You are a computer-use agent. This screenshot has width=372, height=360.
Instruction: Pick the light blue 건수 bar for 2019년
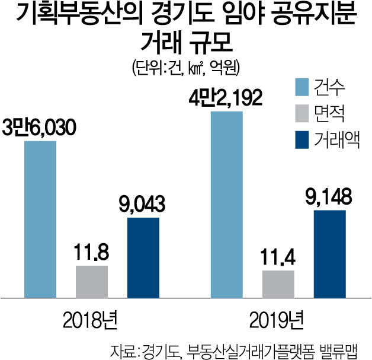tap(227, 203)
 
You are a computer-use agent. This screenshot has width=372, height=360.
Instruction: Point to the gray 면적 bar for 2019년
tap(278, 283)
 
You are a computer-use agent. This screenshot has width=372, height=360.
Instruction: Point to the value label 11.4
tap(278, 258)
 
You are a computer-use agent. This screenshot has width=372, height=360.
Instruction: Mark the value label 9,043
tap(143, 204)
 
